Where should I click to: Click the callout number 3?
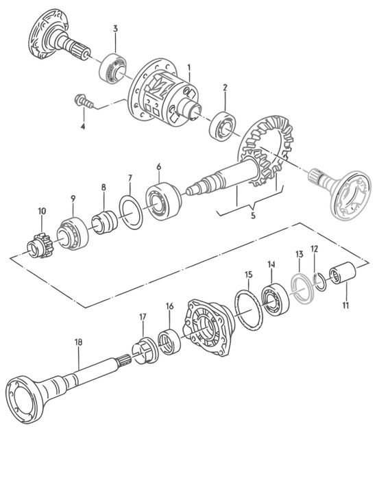coord(115,29)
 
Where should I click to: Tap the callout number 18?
coord(78,342)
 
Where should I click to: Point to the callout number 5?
coord(253,216)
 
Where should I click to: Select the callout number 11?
coord(345,305)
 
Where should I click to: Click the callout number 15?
coord(248,275)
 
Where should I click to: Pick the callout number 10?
coord(42,211)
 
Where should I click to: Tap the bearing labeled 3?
coord(112,68)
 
